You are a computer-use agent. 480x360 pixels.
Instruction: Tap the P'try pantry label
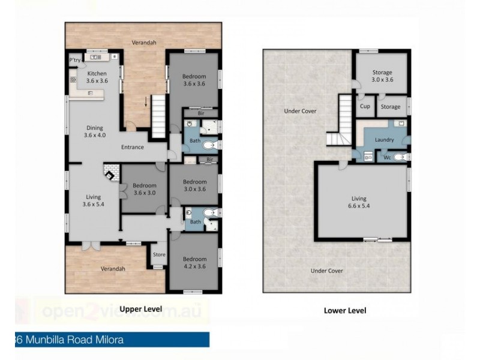[74, 61]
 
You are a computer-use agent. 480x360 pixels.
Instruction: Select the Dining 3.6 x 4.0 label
[95, 131]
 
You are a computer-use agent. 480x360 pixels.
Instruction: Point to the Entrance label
[132, 147]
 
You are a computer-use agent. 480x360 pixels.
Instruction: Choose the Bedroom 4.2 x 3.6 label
[194, 262]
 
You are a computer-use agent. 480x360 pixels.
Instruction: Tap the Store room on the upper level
[159, 255]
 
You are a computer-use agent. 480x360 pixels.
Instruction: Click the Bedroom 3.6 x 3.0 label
[145, 189]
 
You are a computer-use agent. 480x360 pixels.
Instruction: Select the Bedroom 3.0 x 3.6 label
[194, 185]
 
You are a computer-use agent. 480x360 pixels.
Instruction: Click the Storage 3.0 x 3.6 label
[382, 76]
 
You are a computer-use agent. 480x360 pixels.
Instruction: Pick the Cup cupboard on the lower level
[364, 107]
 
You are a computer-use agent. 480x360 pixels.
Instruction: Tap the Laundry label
[384, 140]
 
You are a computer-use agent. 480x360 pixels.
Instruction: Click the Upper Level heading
[141, 309]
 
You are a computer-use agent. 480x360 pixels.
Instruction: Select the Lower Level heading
[344, 311]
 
